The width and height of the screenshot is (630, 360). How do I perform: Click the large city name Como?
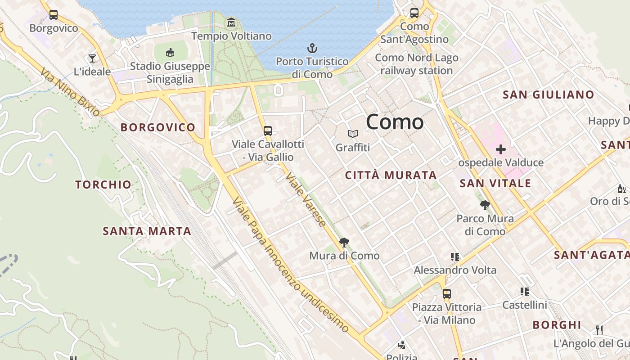[395, 122]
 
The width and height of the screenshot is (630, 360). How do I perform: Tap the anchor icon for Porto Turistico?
[312, 48]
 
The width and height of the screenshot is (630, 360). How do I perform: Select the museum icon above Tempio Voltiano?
[231, 22]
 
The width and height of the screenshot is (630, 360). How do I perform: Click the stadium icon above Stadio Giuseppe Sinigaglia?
[170, 53]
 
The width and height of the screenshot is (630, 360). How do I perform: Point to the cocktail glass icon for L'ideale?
[92, 58]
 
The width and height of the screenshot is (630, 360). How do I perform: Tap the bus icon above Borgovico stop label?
[54, 15]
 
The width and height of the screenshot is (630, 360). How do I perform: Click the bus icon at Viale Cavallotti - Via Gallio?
[268, 131]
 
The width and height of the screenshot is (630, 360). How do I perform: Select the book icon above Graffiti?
[353, 134]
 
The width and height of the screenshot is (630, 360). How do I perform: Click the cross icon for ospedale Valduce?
[500, 149]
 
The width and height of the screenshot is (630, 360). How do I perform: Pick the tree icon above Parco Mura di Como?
[485, 205]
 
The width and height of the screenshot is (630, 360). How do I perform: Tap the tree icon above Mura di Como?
[344, 243]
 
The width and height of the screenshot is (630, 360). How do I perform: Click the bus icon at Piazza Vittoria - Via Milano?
[446, 294]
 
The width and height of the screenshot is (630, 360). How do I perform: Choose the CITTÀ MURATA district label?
[391, 175]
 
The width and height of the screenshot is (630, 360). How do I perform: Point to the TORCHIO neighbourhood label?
[103, 184]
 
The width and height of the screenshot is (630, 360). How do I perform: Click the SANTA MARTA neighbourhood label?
[147, 231]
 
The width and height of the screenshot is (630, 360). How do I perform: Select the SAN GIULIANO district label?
[548, 94]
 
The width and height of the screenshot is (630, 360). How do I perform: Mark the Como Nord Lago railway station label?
[416, 64]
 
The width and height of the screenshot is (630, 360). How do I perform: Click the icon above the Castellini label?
[524, 292]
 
